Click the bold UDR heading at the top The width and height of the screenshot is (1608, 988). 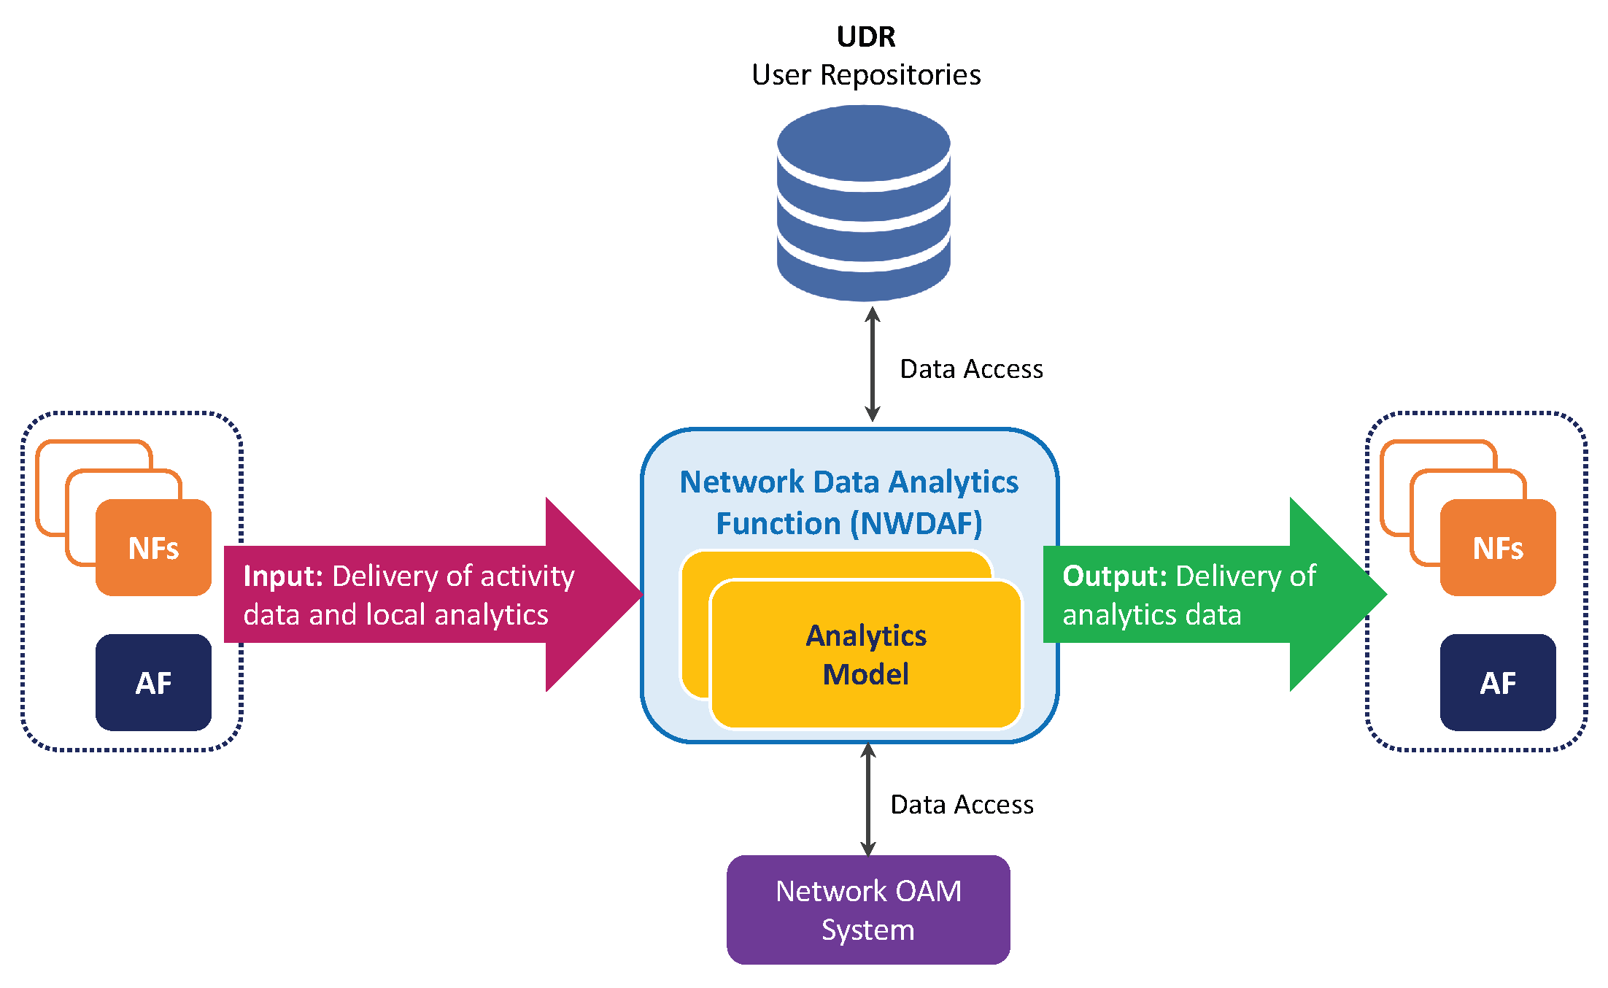pyautogui.click(x=866, y=36)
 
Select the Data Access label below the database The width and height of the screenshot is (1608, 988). pyautogui.click(x=971, y=369)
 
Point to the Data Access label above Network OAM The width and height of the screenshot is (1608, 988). pyautogui.click(x=962, y=805)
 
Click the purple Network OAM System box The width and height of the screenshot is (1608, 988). pyautogui.click(x=868, y=910)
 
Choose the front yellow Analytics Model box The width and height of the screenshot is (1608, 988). pyautogui.click(x=866, y=655)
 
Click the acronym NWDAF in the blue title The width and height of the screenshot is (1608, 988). pyautogui.click(x=921, y=524)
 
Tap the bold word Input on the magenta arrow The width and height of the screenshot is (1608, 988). pyautogui.click(x=283, y=576)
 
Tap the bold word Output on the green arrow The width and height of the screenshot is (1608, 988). pyautogui.click(x=1115, y=576)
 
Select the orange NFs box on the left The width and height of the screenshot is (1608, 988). pyautogui.click(x=153, y=548)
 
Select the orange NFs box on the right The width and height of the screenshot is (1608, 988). pyautogui.click(x=1498, y=548)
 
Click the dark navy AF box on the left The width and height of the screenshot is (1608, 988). pyautogui.click(x=153, y=683)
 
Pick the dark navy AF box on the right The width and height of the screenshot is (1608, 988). pyautogui.click(x=1498, y=683)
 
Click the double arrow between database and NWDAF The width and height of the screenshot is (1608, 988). pyautogui.click(x=872, y=364)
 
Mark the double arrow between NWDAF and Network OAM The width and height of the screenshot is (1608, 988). pyautogui.click(x=867, y=800)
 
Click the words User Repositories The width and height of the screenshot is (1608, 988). pyautogui.click(x=866, y=75)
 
